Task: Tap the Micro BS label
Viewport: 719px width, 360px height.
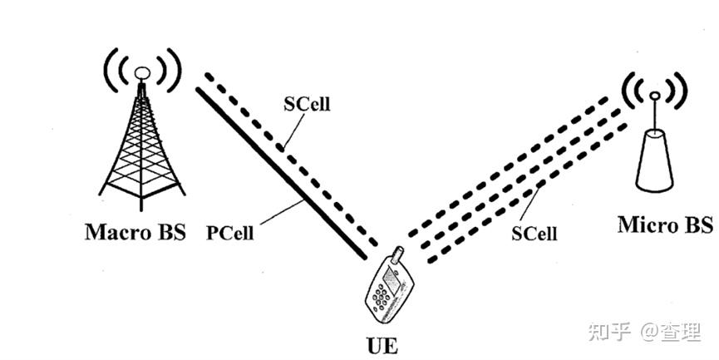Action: (x=665, y=224)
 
